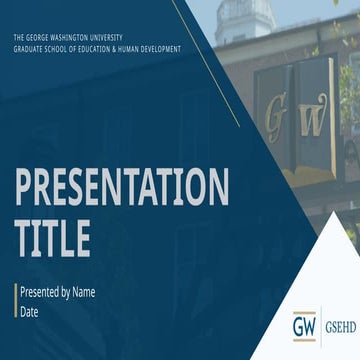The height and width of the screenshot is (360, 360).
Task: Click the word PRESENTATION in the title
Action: point(121,187)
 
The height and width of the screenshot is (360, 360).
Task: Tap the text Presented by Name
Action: point(57,293)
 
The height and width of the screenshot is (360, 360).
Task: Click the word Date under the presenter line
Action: point(30,311)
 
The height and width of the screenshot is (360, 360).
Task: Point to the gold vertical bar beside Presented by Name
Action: point(15,301)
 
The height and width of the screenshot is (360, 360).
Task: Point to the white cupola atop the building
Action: point(243,18)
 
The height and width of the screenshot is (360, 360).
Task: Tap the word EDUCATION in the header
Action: point(100,47)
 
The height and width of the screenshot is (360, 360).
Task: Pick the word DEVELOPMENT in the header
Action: point(159,47)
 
